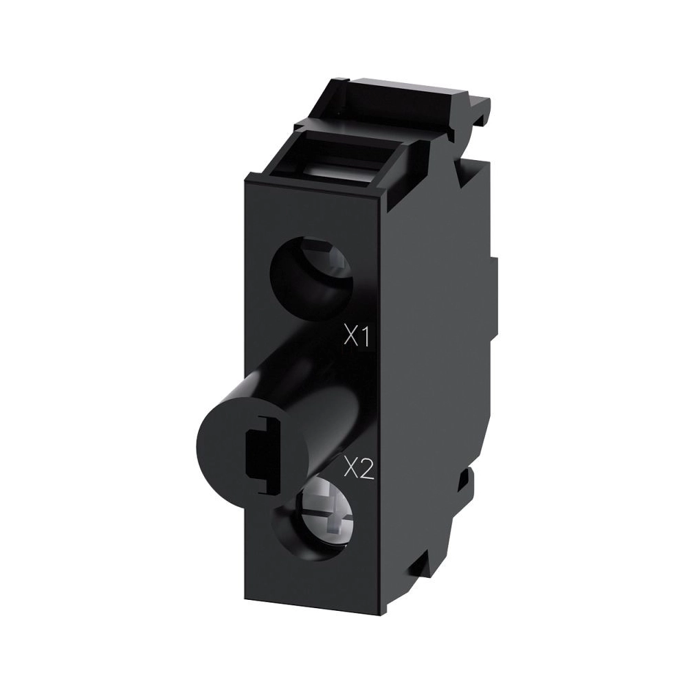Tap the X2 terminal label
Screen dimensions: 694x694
tap(359, 471)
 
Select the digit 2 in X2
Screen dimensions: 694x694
tap(368, 471)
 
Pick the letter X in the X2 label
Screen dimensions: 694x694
tap(351, 471)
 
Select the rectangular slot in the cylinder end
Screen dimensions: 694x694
tap(263, 456)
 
